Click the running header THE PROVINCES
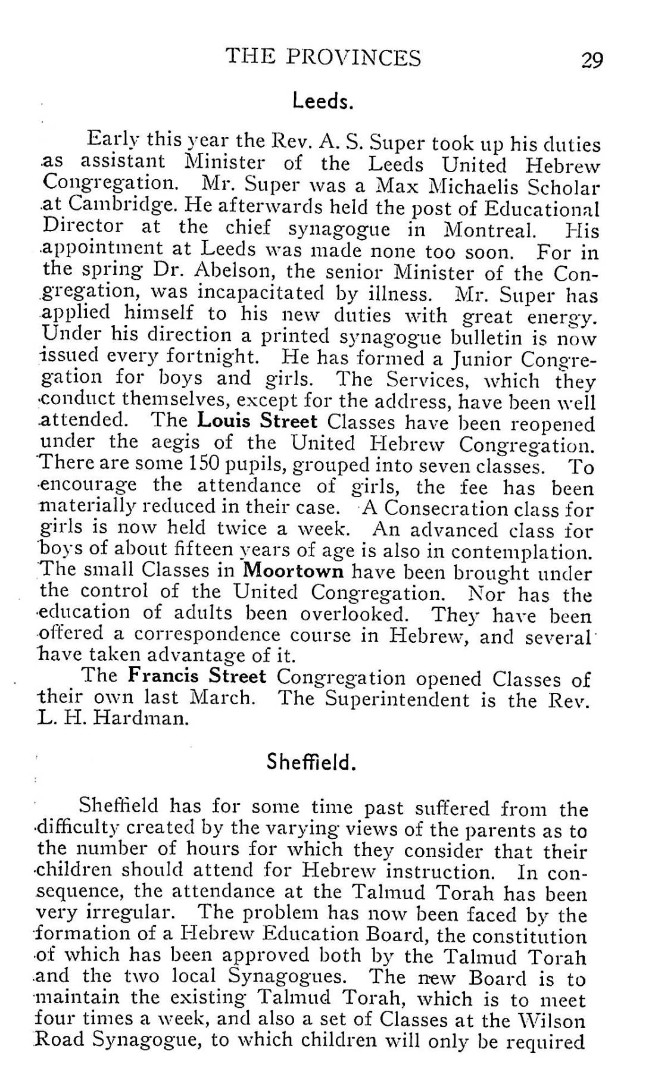(x=323, y=58)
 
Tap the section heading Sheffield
(x=311, y=761)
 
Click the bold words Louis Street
(x=257, y=422)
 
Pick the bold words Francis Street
(x=197, y=677)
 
